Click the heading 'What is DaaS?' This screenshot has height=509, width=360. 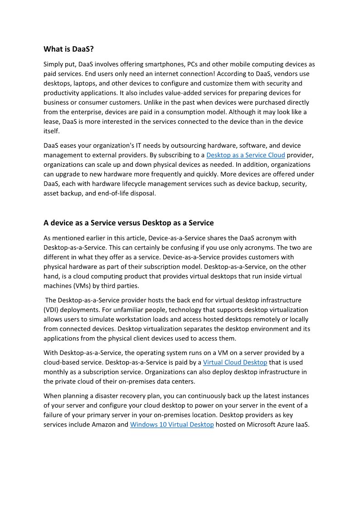click(68, 49)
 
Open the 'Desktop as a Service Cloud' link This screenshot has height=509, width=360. click(245, 155)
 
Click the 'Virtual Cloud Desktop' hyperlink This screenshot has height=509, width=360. click(235, 363)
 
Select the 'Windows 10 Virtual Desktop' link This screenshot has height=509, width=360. click(172, 425)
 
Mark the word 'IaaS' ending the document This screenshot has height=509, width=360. click(302, 425)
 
